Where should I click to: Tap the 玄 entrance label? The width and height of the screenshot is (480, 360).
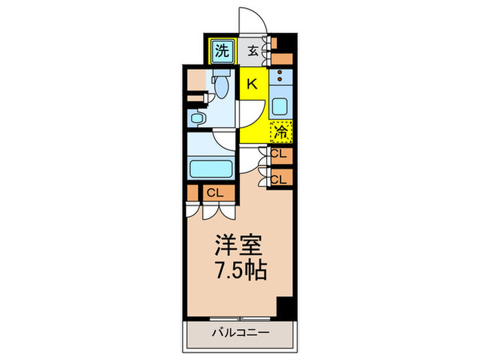[x=253, y=49]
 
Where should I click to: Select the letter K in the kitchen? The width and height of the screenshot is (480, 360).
[x=252, y=84]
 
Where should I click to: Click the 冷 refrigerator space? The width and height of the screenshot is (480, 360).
[x=281, y=130]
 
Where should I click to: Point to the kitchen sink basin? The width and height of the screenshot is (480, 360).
[x=280, y=106]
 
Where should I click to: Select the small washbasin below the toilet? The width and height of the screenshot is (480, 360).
[x=198, y=119]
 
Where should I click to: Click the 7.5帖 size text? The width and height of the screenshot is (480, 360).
[x=239, y=269]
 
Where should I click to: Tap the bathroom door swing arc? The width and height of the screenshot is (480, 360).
[x=225, y=141]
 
